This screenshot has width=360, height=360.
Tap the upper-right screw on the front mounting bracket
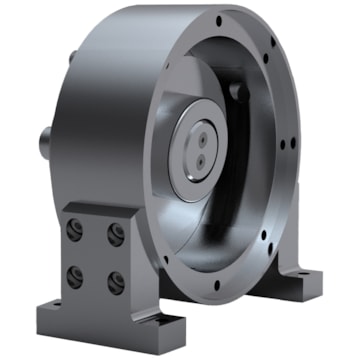116,235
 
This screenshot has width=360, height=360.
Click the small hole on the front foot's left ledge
56,300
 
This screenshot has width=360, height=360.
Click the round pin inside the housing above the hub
238,92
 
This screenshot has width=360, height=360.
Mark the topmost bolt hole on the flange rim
219,20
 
